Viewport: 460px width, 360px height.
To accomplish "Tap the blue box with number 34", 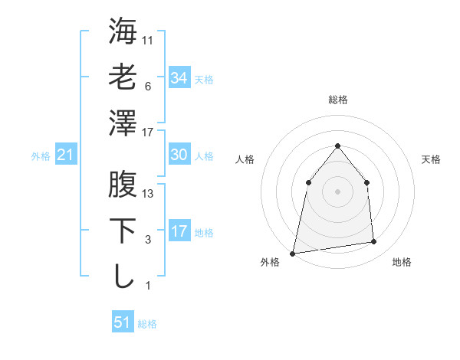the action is tap(179, 77).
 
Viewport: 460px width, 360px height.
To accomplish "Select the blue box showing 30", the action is tap(179, 155).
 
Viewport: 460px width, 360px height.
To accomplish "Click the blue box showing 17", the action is tap(179, 231).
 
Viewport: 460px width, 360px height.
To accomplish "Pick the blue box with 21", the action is tap(65, 155).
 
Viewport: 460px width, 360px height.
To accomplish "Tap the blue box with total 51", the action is tap(123, 322).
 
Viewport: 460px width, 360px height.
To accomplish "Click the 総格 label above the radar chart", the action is tap(337, 100).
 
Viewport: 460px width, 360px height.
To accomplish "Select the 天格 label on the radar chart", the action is tap(432, 159).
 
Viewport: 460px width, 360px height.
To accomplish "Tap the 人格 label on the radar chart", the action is tap(245, 159).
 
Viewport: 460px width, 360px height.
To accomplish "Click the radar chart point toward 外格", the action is tap(292, 253).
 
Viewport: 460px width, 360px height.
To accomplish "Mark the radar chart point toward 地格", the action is tap(374, 242).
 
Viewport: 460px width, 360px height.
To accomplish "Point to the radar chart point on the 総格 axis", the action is tap(337, 146).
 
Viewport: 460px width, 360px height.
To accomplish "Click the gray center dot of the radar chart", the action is tap(337, 191).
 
